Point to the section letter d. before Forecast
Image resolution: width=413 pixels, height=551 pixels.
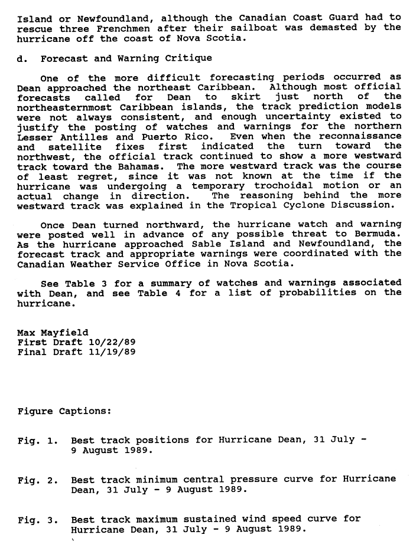pos(22,58)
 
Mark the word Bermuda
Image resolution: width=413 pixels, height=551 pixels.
pos(381,234)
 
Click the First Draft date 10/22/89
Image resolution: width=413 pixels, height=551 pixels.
pos(110,342)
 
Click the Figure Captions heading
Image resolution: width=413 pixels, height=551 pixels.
pos(64,411)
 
